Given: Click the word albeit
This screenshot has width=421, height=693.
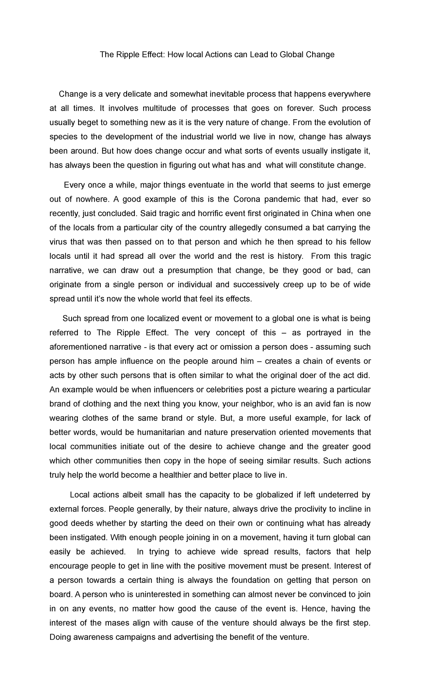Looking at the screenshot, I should click(x=129, y=495).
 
